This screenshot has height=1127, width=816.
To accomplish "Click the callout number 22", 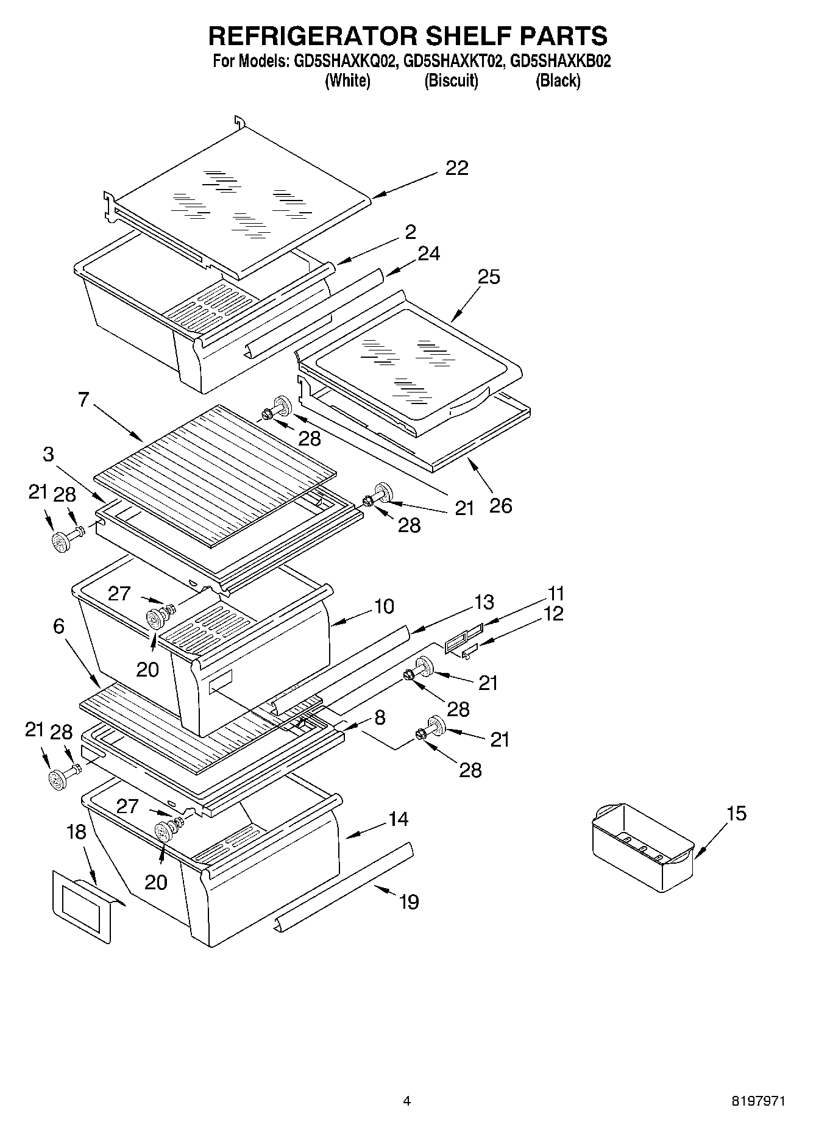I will click(456, 168).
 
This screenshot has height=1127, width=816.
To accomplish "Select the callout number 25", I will click(489, 277).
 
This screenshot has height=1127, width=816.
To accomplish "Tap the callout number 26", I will click(500, 505).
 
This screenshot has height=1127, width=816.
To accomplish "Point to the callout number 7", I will click(83, 399).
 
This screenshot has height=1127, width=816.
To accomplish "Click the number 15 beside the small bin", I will click(736, 813).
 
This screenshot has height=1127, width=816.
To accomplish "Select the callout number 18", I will click(76, 832).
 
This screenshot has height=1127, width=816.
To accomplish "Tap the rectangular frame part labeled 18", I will click(82, 906).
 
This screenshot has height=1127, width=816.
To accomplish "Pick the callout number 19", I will click(409, 901).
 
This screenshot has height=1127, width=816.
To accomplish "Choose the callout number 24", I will click(428, 253).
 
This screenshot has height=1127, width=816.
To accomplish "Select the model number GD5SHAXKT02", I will click(451, 61).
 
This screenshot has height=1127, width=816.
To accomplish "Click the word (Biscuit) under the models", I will click(451, 80).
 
